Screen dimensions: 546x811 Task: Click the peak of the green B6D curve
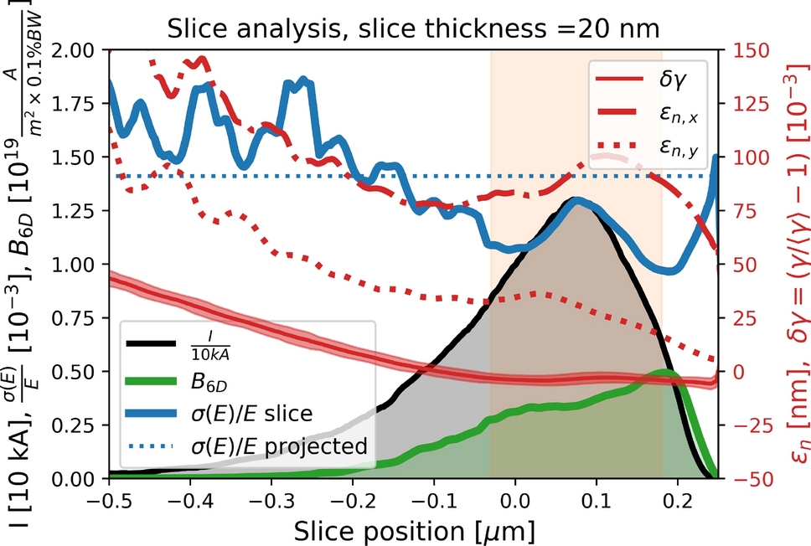[664, 372]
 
